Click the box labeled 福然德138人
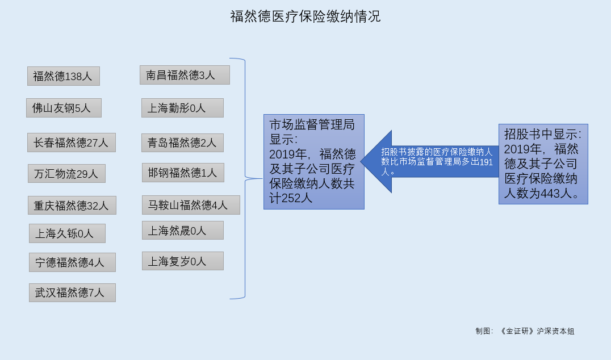coord(64,76)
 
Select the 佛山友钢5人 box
coord(64,108)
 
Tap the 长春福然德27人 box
coord(72,143)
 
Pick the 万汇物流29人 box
coord(66,174)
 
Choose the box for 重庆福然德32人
coord(72,206)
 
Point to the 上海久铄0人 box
coord(67,233)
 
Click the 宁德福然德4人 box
coord(73,262)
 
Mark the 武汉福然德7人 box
coord(73,292)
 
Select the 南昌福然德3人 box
coord(185,75)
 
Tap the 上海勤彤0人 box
coord(182,108)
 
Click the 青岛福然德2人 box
coord(182,143)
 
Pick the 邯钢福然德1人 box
coord(183,173)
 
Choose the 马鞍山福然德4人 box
coord(191,205)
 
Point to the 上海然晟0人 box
coord(183,231)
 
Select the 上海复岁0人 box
coord(183,261)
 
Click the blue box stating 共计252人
coord(314,162)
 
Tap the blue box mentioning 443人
coord(543,164)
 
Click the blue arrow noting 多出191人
coord(430,162)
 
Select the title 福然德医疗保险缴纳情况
coord(305,16)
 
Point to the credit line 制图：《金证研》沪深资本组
coord(525,331)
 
